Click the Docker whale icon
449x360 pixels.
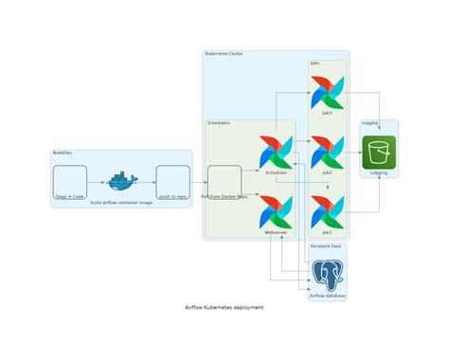click(x=122, y=180)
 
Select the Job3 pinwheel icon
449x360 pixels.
click(x=327, y=93)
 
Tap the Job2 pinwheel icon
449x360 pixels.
click(x=327, y=153)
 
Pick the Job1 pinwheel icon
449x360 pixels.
click(x=327, y=211)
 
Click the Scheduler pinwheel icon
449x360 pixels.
click(x=276, y=153)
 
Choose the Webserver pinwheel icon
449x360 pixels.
click(x=276, y=211)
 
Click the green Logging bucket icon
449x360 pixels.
click(x=379, y=153)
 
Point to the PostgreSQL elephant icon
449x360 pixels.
click(x=328, y=275)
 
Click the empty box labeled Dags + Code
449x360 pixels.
click(x=70, y=180)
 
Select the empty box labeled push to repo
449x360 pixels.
click(x=173, y=180)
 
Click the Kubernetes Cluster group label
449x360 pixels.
click(x=224, y=54)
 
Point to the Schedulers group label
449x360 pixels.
click(x=219, y=123)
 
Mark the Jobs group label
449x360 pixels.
click(x=314, y=63)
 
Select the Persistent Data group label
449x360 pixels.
click(x=325, y=246)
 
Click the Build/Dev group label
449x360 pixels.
click(x=63, y=153)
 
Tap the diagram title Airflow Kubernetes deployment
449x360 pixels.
click(x=224, y=308)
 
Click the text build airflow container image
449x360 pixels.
click(x=121, y=203)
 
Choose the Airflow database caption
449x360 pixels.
click(x=328, y=297)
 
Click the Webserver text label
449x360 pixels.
click(x=276, y=232)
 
